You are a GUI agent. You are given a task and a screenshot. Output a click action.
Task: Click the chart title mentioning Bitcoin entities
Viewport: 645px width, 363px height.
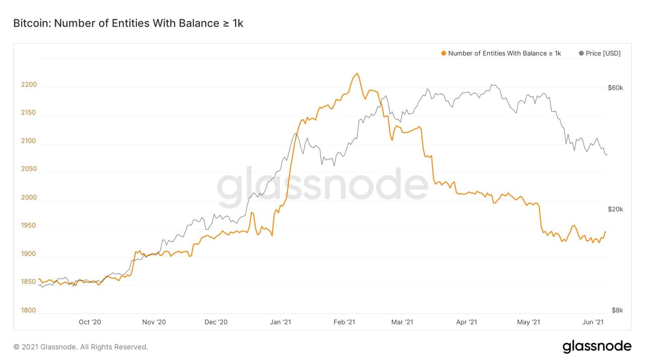[x=128, y=23]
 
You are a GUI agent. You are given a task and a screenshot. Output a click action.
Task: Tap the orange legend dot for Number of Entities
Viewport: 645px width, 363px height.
[x=443, y=53]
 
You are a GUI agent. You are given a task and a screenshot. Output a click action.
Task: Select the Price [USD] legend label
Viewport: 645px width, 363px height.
[x=603, y=53]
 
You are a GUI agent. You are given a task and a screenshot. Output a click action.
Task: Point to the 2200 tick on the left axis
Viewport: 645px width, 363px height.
[x=29, y=84]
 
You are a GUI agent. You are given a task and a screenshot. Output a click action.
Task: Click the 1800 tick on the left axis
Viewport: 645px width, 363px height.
[x=29, y=310]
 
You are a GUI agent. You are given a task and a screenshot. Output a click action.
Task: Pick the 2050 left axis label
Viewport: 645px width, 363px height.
[x=29, y=169]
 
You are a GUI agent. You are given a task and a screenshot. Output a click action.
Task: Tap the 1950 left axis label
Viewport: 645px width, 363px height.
[x=29, y=225]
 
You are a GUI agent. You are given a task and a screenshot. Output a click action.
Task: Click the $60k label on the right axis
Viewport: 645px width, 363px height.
[x=615, y=88]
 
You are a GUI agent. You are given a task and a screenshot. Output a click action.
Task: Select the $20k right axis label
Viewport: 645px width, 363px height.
[x=615, y=209]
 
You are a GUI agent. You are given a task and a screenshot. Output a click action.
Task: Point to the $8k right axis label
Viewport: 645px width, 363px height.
[x=617, y=310]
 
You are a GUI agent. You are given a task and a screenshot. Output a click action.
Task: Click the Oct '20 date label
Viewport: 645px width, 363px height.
[x=90, y=322]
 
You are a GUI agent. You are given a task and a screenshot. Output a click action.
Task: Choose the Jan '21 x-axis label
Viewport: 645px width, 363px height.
[x=280, y=322]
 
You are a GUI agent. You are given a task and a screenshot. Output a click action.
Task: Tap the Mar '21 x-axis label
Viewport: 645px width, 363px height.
[x=402, y=322]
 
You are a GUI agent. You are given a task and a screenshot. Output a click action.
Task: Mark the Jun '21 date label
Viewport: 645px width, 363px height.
[x=593, y=322]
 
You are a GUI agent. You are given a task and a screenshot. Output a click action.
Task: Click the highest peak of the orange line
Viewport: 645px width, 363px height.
[x=357, y=74]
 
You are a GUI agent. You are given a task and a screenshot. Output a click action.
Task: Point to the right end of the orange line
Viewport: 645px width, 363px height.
[x=605, y=231]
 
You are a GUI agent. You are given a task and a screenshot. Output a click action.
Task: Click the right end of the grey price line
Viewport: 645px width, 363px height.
[x=607, y=155]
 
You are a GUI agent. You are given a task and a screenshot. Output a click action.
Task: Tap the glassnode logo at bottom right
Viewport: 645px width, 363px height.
[x=597, y=346]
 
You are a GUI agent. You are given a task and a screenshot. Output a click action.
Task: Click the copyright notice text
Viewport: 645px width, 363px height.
[x=81, y=347]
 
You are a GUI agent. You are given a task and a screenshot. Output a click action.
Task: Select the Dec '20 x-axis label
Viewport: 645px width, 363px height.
[x=216, y=322]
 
